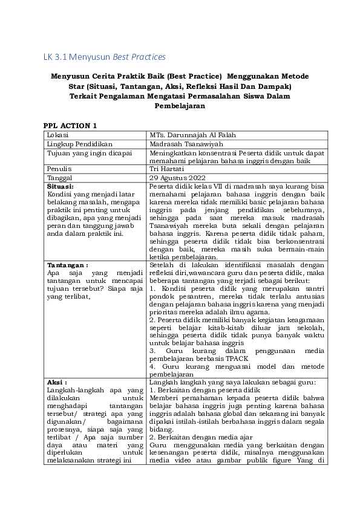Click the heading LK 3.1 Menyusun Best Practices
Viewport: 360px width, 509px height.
point(104,57)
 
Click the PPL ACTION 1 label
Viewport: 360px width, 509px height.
point(70,125)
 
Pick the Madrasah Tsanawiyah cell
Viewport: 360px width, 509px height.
point(188,144)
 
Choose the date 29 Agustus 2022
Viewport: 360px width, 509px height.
point(178,178)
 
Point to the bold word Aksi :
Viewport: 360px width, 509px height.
point(57,383)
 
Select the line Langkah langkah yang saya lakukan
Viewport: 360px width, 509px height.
point(236,383)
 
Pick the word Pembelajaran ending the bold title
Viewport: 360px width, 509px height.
point(180,106)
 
